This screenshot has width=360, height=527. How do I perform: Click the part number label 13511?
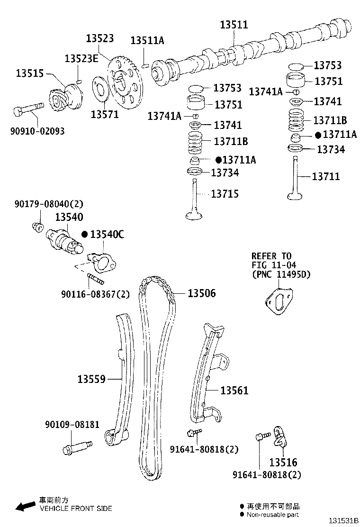pyautogui.click(x=234, y=25)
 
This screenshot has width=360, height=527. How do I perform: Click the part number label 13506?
pyautogui.click(x=201, y=294)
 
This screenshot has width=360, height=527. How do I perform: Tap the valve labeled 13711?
pyautogui.click(x=296, y=180)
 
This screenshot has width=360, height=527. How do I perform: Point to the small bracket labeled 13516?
pyautogui.click(x=281, y=436)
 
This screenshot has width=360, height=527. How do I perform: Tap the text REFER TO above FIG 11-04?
pyautogui.click(x=271, y=256)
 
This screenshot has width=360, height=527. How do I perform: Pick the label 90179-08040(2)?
pyautogui.click(x=48, y=204)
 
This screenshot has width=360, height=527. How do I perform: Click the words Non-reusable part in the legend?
pyautogui.click(x=272, y=515)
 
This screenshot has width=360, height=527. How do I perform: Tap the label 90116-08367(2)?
pyautogui.click(x=95, y=294)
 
